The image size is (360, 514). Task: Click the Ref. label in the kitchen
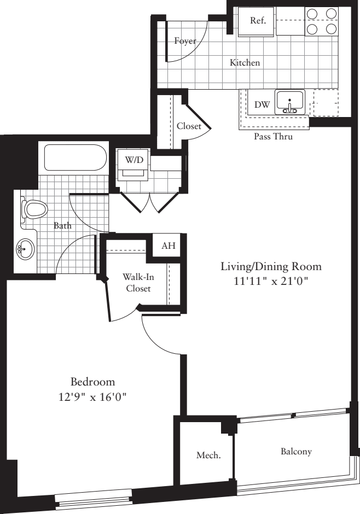tap(258, 21)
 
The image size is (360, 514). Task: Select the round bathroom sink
tap(25, 250)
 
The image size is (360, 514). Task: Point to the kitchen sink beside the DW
tap(289, 102)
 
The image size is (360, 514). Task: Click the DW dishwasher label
tap(262, 104)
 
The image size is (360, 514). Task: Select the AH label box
tap(169, 246)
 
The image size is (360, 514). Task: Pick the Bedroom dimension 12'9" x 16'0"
tap(92, 395)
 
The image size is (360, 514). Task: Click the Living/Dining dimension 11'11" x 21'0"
tap(270, 282)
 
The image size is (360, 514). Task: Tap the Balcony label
tap(296, 452)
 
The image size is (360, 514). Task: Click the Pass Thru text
tap(273, 137)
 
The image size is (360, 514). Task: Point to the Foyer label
tap(185, 41)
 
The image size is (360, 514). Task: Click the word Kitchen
tap(245, 63)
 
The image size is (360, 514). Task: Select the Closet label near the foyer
tap(189, 126)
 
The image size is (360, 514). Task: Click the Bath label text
tap(62, 225)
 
